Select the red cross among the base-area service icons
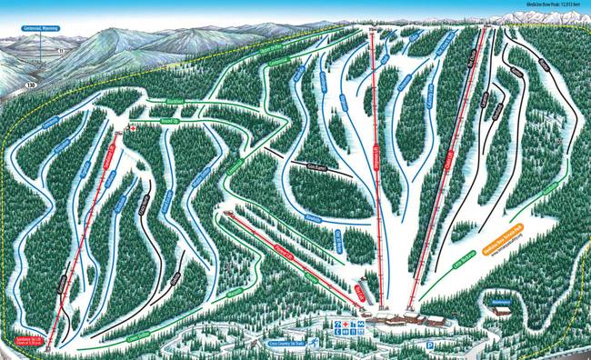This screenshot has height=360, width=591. click(x=349, y=323)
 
